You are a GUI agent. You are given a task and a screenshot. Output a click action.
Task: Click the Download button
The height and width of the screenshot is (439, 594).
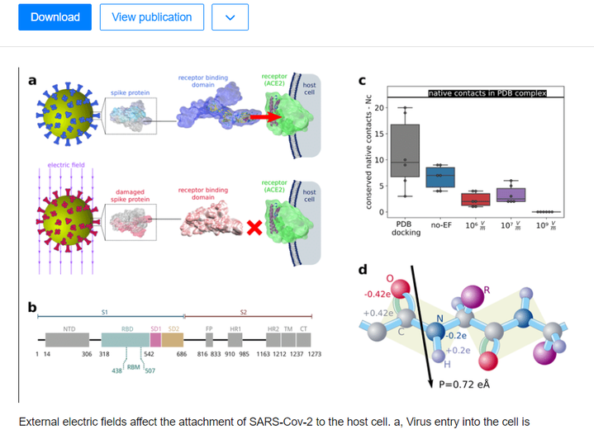coord(55,17)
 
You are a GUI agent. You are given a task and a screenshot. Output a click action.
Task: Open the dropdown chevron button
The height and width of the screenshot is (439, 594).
coord(230,17)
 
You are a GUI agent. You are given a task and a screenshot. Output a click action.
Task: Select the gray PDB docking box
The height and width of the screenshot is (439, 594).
coord(403,150)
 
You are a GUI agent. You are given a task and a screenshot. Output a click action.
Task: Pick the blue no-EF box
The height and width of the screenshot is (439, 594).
coord(440,177)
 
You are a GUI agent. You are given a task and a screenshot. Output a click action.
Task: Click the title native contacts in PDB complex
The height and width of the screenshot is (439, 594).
coord(487,93)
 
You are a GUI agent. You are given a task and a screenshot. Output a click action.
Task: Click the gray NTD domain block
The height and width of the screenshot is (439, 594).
coord(69,339)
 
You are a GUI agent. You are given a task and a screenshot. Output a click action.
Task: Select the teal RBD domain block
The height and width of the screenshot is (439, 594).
coord(121,339)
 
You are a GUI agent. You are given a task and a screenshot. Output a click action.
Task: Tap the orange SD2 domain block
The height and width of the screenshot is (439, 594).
coord(172,339)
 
